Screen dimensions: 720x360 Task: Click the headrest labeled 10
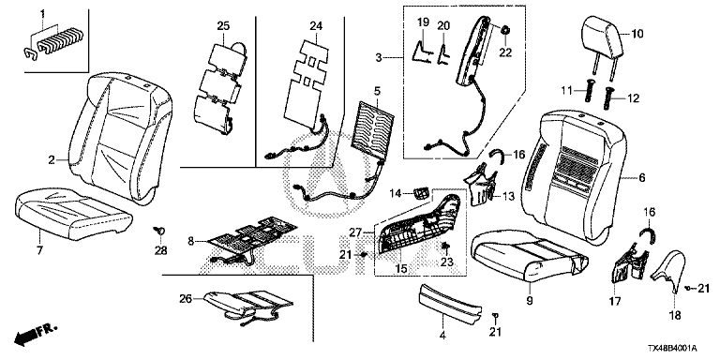[x=602, y=37]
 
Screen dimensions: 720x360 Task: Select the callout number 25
[x=223, y=26]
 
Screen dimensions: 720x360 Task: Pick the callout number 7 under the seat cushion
[x=39, y=250]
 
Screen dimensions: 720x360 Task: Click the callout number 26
[x=185, y=299]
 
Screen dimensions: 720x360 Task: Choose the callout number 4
[x=442, y=336]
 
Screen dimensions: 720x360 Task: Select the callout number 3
[x=379, y=57]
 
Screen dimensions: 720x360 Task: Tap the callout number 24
[x=314, y=26]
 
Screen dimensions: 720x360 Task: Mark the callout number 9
[x=530, y=301]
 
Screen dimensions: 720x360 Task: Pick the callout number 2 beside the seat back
[x=52, y=159]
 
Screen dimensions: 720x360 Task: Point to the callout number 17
[x=615, y=302]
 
